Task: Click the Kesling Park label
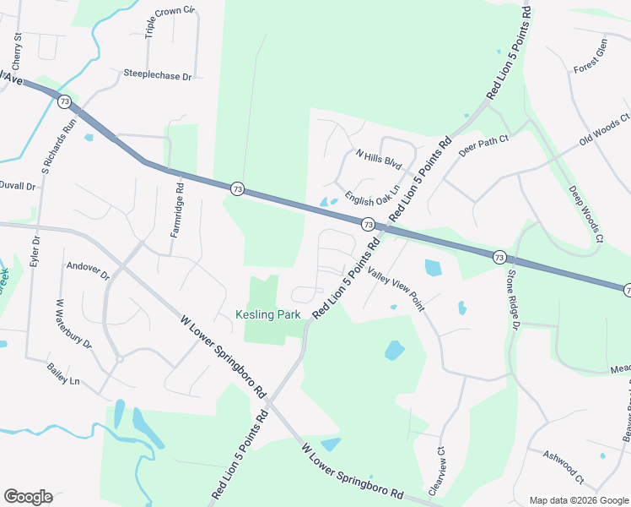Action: point(267,314)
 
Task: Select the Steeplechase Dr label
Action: point(158,76)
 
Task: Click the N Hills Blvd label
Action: point(379,161)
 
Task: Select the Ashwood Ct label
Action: point(564,466)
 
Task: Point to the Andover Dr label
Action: point(88,270)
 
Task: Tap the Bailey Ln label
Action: point(63,371)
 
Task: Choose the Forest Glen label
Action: point(591,57)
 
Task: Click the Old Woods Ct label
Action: point(605,130)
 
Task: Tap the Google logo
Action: point(29,497)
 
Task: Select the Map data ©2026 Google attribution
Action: point(578,500)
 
